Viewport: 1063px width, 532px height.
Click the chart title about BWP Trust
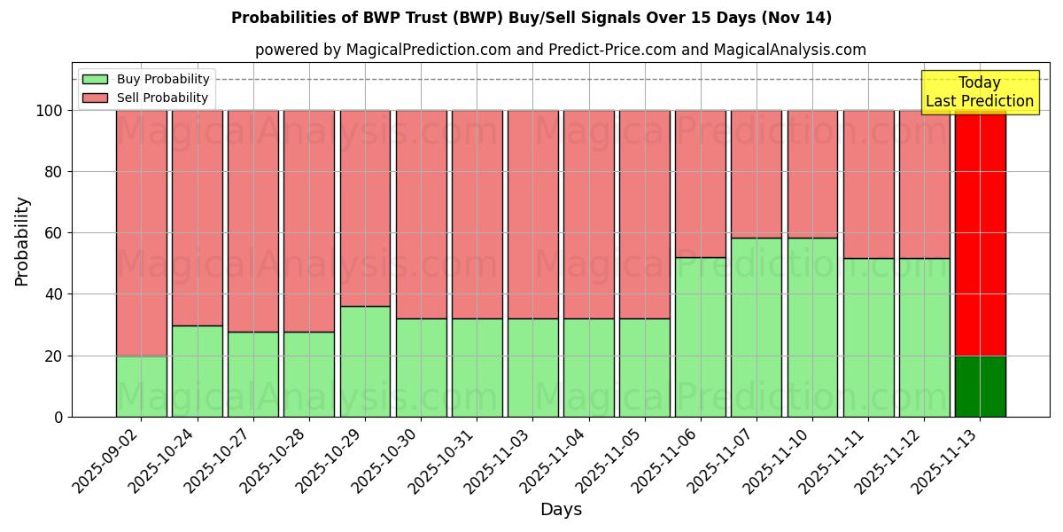click(531, 18)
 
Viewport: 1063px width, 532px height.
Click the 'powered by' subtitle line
click(560, 50)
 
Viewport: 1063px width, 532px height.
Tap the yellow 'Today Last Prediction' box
click(980, 92)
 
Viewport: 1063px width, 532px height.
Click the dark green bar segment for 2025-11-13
click(980, 387)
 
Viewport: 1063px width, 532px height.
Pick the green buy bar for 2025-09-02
click(142, 387)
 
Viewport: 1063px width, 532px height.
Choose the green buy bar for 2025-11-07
click(757, 327)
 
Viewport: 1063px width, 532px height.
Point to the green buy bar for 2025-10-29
click(365, 362)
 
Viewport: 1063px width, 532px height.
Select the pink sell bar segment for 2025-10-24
click(198, 217)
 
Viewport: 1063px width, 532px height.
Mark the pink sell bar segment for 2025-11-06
click(701, 184)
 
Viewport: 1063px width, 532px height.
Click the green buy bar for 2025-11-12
click(924, 337)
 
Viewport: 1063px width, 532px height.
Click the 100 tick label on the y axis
click(50, 111)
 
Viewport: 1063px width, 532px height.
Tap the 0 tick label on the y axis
click(58, 417)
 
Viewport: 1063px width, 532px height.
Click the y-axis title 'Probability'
click(22, 241)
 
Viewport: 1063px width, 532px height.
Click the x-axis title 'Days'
click(560, 510)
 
